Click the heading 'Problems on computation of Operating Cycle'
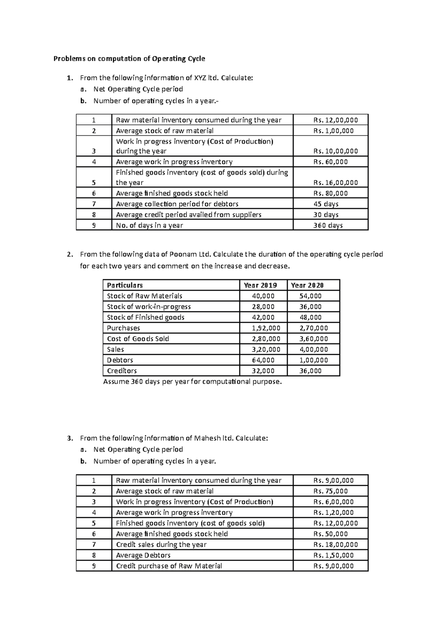coord(129,59)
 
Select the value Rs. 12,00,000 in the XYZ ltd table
coord(335,120)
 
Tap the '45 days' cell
coord(326,204)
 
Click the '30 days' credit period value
coord(326,215)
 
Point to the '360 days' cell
coord(328,225)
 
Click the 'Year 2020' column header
coord(307,285)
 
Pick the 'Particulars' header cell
coord(124,285)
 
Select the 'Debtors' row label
coord(120,360)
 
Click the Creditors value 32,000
coord(263,371)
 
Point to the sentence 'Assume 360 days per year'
coord(192,382)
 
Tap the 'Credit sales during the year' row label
coord(161,544)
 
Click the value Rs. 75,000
coord(330,491)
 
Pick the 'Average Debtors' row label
coord(143,555)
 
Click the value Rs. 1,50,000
coord(333,555)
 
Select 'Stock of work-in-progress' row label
coord(148,307)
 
